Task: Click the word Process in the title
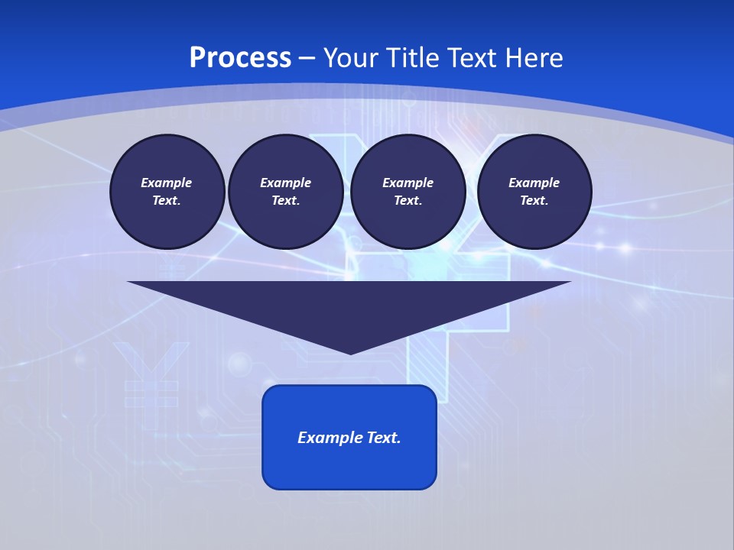coord(240,58)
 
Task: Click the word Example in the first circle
coord(167,183)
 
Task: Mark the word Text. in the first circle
coord(167,201)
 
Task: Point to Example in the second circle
coord(285,183)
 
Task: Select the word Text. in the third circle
coord(408,201)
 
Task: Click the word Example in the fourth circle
coord(534,183)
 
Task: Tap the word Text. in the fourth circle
coord(534,201)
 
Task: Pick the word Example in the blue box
coord(330,438)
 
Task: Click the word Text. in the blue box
coord(384,438)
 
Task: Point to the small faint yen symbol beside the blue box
coord(151,374)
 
